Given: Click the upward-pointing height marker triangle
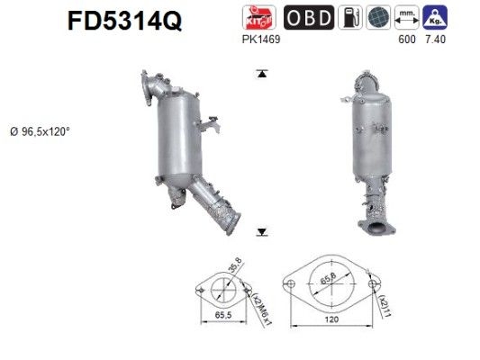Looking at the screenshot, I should (x=261, y=75).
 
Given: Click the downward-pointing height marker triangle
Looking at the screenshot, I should (x=261, y=232).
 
